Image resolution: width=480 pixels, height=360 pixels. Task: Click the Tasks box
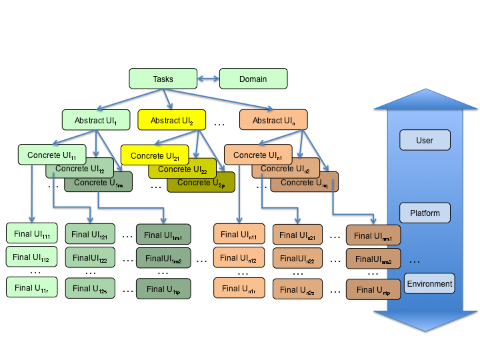[163, 79]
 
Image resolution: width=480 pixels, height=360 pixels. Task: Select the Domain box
[253, 79]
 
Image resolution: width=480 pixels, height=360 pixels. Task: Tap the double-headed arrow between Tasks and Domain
[208, 79]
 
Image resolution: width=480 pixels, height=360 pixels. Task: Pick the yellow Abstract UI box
[171, 120]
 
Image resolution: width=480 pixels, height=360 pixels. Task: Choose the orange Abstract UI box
[273, 120]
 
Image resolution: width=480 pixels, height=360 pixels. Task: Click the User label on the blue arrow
[425, 140]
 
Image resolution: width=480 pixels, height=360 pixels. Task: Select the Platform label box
[425, 213]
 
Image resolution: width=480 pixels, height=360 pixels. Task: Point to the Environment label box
[429, 283]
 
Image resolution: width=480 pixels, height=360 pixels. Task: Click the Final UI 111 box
[32, 233]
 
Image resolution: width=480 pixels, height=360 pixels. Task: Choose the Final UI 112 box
[32, 257]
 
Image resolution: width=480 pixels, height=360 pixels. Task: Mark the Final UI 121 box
[89, 233]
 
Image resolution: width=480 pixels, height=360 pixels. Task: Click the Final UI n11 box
[239, 233]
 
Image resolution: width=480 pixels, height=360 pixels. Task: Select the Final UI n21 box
[297, 234]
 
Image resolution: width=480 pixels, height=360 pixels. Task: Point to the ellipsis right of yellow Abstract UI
[219, 123]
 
